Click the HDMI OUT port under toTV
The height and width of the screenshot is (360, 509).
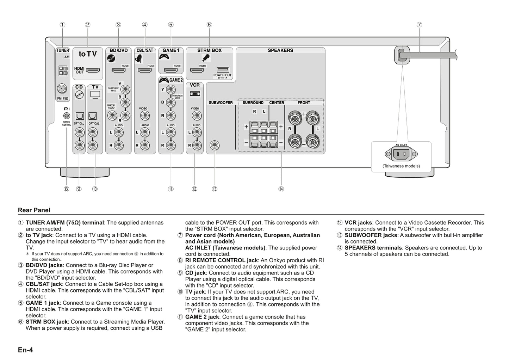93,70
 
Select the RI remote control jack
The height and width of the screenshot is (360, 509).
66,115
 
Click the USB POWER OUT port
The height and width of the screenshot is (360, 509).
223,70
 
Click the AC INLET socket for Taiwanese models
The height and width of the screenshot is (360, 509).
401,154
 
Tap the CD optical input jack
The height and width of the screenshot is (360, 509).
80,116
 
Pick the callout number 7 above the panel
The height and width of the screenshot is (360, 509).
419,25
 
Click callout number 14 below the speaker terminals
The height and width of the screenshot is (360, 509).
281,189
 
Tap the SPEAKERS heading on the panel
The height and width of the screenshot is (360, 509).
280,50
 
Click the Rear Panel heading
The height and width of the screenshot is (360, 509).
34,210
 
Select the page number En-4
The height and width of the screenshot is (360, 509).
25,350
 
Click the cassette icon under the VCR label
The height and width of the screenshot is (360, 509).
195,94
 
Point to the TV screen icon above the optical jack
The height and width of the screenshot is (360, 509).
95,94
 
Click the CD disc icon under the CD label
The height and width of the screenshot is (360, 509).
80,95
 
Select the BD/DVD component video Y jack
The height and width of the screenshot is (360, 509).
125,89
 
